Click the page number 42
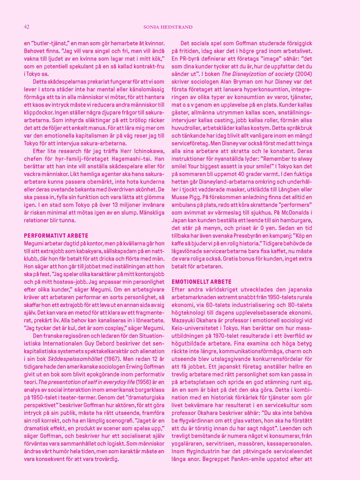point(27,27)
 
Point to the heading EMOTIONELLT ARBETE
point(196,281)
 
